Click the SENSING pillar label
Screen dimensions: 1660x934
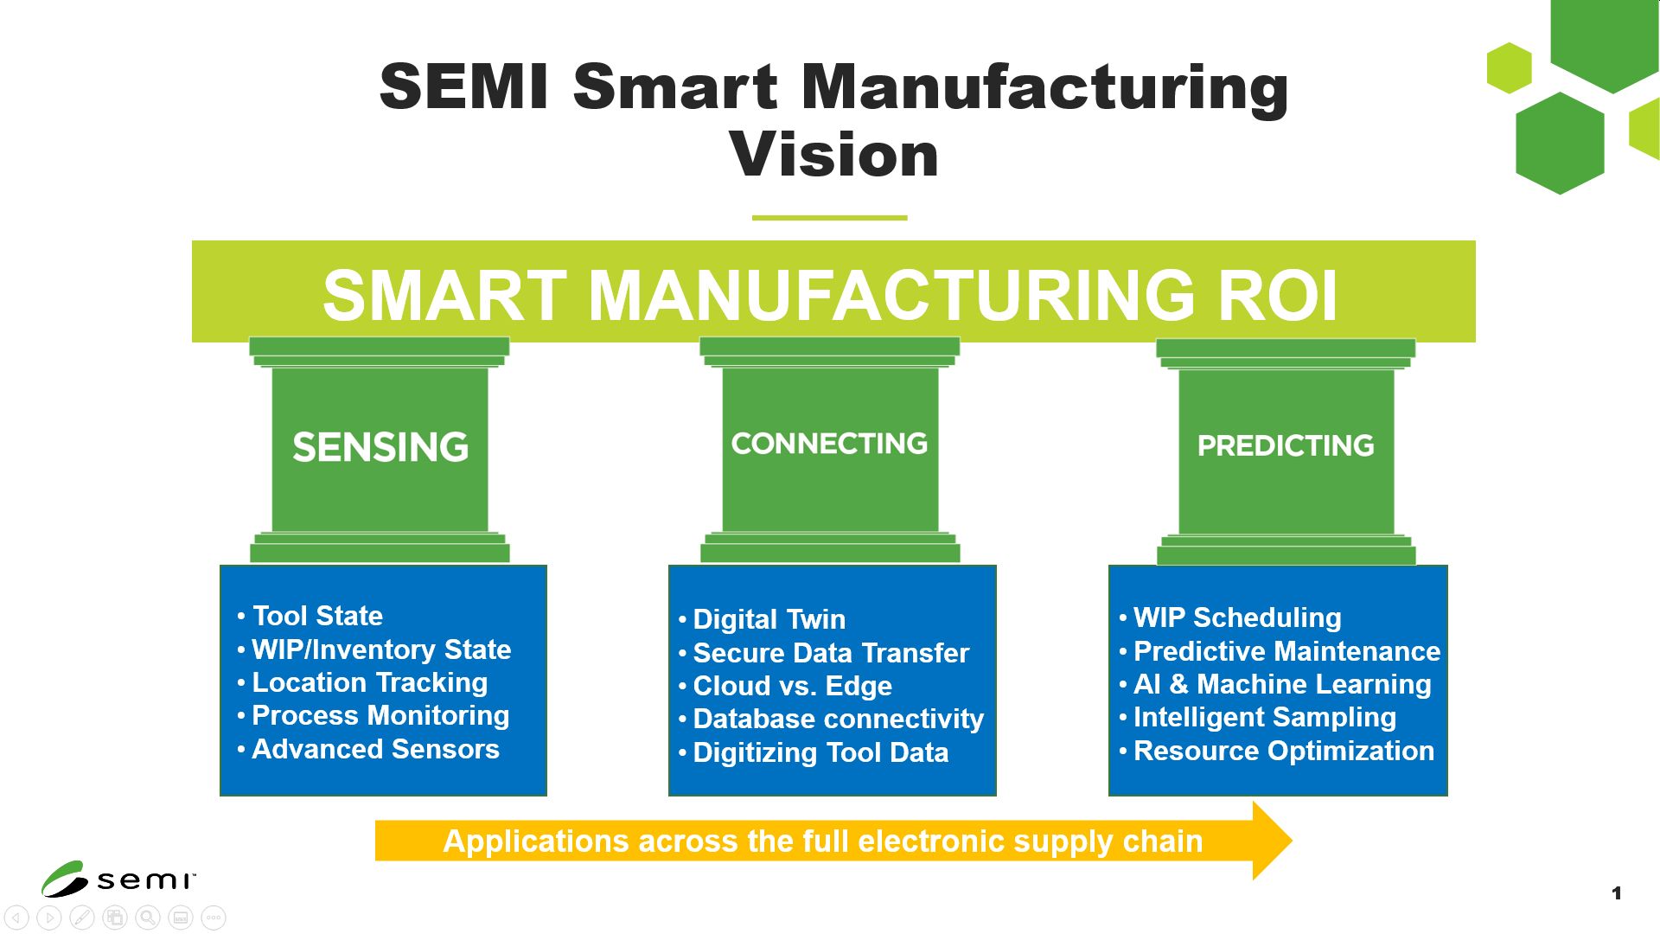[x=380, y=447]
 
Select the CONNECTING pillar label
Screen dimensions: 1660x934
[x=829, y=444]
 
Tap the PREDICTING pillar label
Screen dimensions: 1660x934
[x=1286, y=445]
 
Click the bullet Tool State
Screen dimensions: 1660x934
[x=317, y=616]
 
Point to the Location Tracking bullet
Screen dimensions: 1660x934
[x=370, y=682]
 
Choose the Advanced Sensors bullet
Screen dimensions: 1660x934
[x=375, y=749]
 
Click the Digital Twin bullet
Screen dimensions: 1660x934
[x=769, y=619]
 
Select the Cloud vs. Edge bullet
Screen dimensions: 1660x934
[x=793, y=686]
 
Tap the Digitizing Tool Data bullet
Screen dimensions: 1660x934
[x=821, y=752]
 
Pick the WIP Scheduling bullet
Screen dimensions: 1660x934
[x=1237, y=617]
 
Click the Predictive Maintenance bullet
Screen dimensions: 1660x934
[x=1287, y=651]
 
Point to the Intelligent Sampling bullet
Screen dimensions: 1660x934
[x=1265, y=717]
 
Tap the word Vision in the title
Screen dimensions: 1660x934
[x=834, y=155]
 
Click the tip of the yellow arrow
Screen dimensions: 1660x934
[x=1292, y=840]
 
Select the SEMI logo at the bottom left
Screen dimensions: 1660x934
[x=118, y=879]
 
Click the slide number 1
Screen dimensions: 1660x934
[x=1617, y=893]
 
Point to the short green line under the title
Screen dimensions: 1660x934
[x=829, y=218]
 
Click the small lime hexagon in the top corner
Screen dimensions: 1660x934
[x=1510, y=67]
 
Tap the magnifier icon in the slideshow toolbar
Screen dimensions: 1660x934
[x=148, y=918]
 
